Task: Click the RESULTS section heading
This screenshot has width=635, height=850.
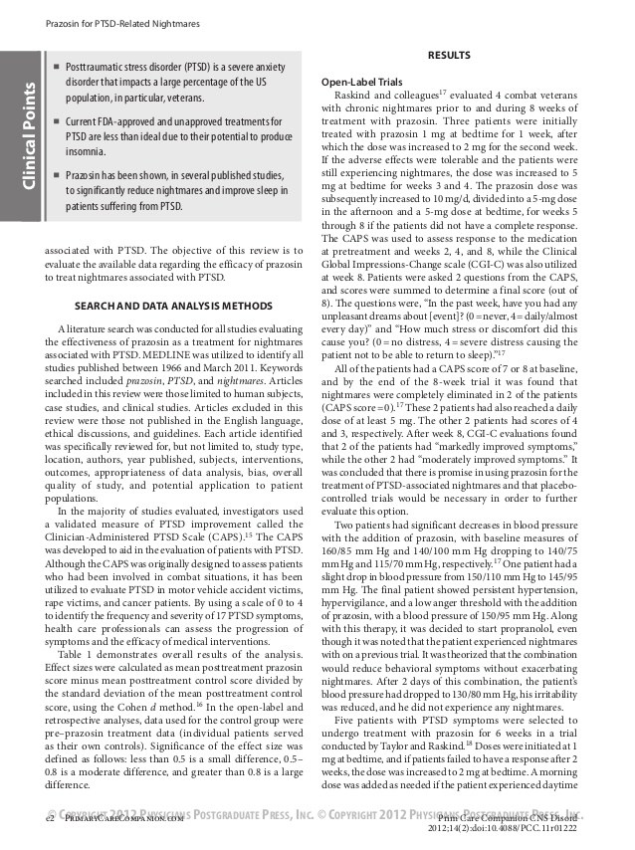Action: tap(448, 55)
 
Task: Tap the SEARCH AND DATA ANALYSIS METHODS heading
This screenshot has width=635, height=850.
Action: tap(173, 305)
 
